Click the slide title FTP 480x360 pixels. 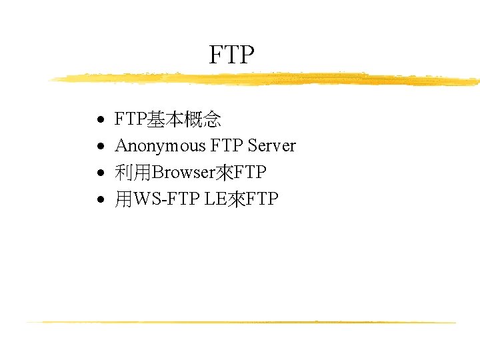click(232, 55)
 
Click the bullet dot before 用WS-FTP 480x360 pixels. click(99, 201)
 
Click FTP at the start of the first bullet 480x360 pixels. click(131, 120)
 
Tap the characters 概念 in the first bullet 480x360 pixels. click(203, 120)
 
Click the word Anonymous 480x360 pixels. click(160, 146)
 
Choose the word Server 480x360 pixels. click(271, 146)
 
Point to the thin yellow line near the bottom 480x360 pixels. click(240, 322)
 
